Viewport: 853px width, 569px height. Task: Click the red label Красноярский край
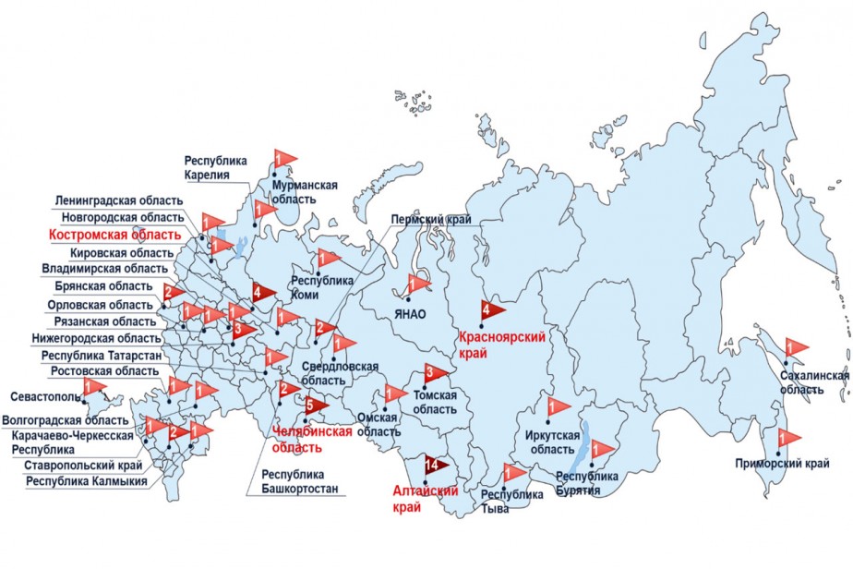502,345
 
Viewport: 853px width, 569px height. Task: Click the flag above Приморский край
789,438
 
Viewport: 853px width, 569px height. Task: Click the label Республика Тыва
512,501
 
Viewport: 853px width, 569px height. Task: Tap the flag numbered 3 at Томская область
435,374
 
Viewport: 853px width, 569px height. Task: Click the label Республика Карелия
215,167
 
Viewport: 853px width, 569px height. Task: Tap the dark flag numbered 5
314,405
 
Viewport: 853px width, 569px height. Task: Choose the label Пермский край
430,220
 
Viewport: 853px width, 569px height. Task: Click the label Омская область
378,424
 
